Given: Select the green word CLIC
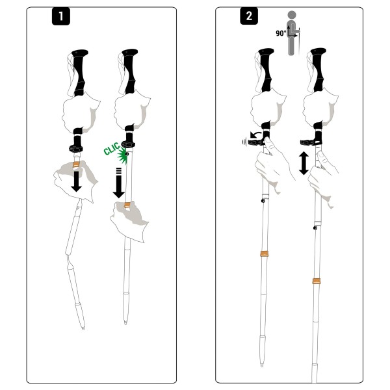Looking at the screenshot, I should pyautogui.click(x=112, y=151).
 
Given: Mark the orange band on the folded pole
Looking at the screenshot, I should pyautogui.click(x=76, y=165).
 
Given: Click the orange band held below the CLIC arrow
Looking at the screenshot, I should pyautogui.click(x=128, y=207).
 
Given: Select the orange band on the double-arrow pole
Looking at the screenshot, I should pyautogui.click(x=316, y=281).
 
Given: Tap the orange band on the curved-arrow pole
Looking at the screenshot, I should pyautogui.click(x=264, y=253).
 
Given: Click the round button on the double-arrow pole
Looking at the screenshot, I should pyautogui.click(x=315, y=228).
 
